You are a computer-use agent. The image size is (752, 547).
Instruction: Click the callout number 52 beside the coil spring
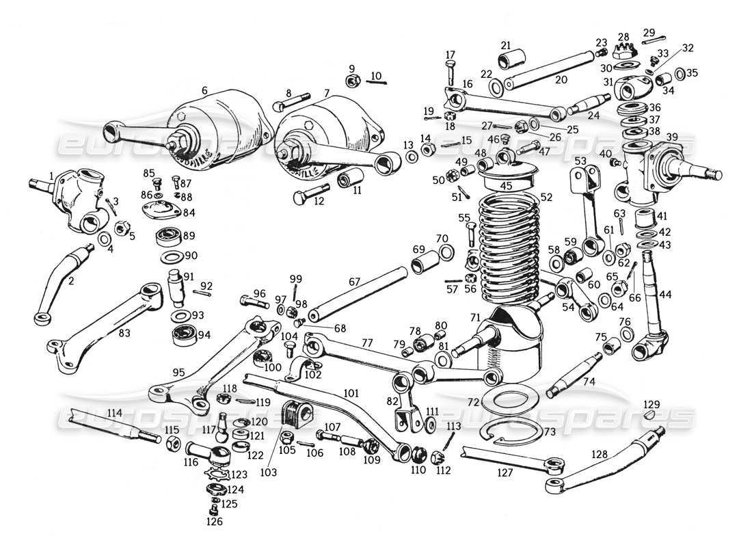[x=546, y=197]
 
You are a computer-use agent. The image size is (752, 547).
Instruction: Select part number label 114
[x=114, y=414]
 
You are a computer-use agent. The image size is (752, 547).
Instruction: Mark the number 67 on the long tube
[x=353, y=282]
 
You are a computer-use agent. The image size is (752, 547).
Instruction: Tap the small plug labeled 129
[x=651, y=415]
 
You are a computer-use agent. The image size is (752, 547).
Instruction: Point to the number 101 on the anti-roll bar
[x=351, y=393]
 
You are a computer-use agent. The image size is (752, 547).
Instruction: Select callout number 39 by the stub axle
[x=672, y=137]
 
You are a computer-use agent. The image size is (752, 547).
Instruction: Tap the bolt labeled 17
[x=450, y=69]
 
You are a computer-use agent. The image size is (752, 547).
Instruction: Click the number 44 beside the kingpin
[x=666, y=294]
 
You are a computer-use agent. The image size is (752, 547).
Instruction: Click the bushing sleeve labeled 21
[x=507, y=54]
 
